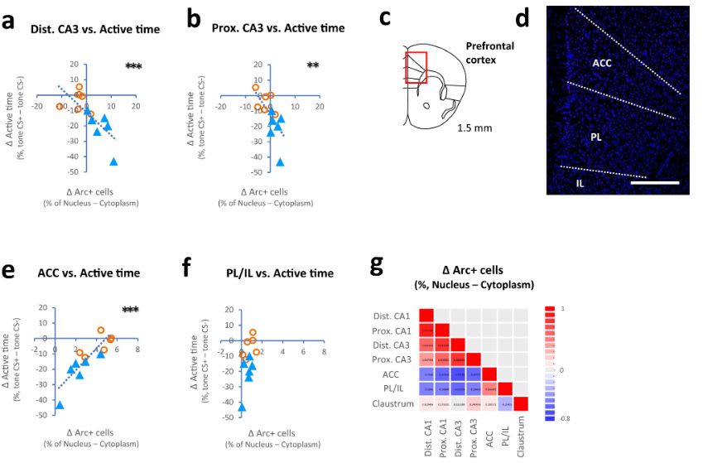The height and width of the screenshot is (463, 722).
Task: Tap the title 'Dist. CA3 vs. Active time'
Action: click(95, 30)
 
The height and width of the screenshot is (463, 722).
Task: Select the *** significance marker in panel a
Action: click(134, 66)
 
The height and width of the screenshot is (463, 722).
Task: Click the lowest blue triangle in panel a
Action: click(113, 162)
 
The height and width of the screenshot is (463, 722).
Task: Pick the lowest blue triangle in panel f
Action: click(242, 408)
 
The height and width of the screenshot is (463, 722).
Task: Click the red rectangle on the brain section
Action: click(416, 67)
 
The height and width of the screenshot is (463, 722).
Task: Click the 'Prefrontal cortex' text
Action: click(489, 53)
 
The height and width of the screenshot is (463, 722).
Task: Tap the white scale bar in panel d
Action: click(654, 182)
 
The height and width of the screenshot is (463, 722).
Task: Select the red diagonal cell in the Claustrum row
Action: click(522, 404)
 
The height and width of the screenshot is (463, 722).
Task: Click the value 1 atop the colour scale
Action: click(564, 307)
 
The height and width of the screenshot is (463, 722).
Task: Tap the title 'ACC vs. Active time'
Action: click(89, 273)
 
